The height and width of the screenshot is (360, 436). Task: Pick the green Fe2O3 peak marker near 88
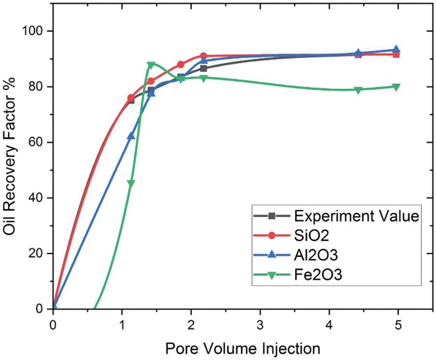click(151, 65)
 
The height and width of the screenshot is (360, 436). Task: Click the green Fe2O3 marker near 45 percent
click(131, 183)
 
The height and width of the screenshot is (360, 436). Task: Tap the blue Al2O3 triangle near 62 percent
click(131, 136)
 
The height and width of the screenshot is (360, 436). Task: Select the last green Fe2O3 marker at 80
click(396, 87)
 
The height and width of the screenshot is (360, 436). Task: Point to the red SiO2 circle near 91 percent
click(203, 56)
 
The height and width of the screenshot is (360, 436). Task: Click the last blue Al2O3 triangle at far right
click(396, 49)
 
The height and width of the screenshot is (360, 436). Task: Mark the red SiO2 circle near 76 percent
click(131, 98)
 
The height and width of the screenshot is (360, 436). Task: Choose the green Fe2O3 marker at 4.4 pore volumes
click(358, 90)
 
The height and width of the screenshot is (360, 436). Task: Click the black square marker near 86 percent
click(203, 68)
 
